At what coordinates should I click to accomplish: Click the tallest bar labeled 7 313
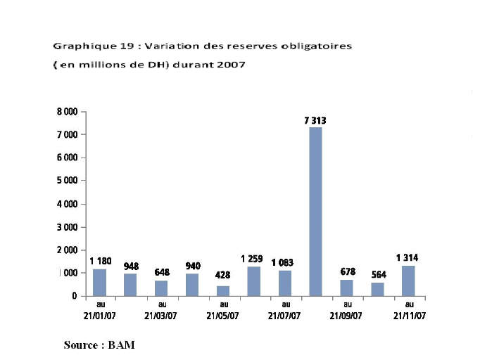316,211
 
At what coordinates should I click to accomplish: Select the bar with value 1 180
99,282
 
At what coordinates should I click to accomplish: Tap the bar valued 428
223,290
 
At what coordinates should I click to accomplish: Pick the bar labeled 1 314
408,281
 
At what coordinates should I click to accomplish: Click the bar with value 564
378,289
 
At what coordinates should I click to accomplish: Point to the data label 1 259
252,259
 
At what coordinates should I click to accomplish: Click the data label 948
132,266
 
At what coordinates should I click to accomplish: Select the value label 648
162,272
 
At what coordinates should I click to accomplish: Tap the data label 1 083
283,262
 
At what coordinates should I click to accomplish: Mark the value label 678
348,271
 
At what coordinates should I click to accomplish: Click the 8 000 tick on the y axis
67,112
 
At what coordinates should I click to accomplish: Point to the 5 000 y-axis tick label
67,181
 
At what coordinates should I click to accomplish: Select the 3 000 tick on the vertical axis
67,227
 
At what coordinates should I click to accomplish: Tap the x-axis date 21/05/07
223,316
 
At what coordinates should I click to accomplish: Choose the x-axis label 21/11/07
409,316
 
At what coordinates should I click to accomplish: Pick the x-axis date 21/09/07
346,316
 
